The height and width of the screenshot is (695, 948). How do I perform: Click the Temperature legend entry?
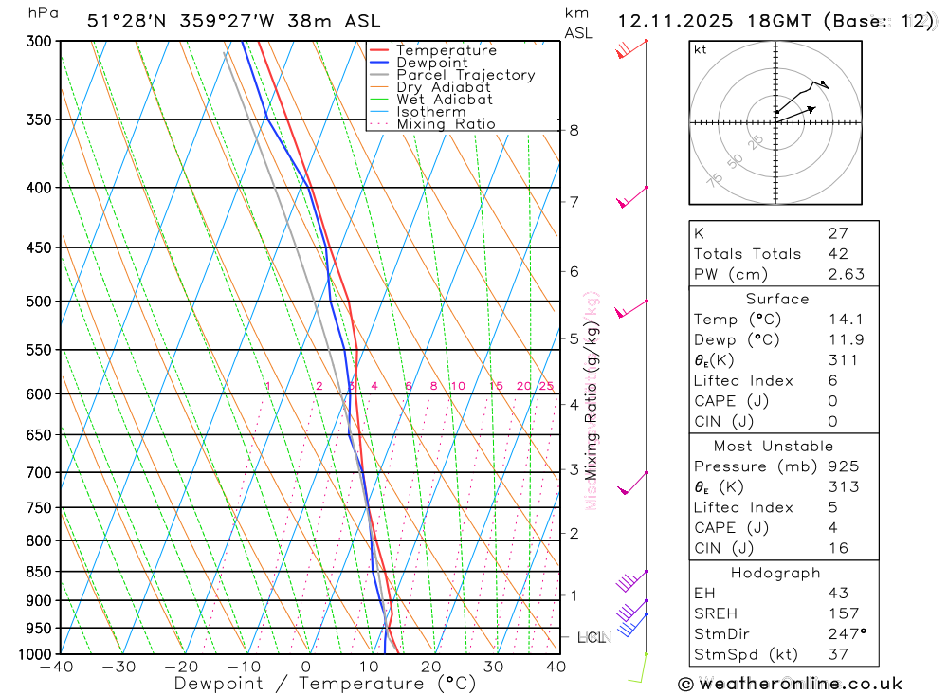point(446,50)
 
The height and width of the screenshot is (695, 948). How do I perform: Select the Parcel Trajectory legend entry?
point(465,75)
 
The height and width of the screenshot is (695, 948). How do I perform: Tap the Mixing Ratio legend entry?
point(446,124)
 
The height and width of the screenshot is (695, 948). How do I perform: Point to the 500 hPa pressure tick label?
point(39,302)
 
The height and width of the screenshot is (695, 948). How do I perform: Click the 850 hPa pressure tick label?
point(39,572)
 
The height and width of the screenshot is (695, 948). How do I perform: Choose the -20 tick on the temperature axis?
point(181,667)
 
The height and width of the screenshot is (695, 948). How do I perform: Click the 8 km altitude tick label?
point(574,130)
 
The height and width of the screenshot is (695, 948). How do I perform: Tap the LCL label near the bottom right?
point(592,638)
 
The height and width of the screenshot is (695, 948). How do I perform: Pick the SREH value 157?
point(843,613)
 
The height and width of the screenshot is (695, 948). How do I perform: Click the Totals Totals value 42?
point(838,254)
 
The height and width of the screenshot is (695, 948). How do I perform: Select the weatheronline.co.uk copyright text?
point(790,684)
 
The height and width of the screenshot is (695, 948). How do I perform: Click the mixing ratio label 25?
point(546,386)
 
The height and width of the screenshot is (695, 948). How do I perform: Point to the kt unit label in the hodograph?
point(701,49)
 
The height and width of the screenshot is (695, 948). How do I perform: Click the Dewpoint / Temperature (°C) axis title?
point(325,684)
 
